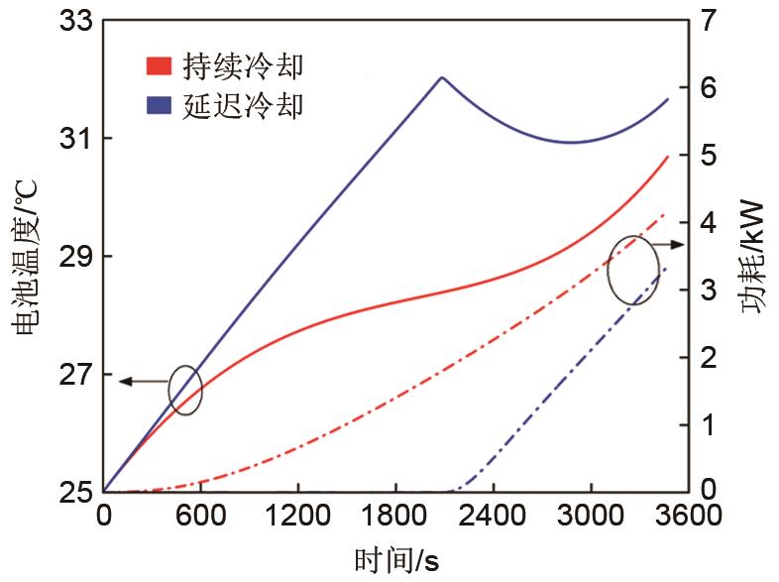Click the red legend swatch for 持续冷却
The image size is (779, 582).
160,66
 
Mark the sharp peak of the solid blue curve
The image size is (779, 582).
442,77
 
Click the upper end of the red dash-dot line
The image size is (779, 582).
665,213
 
